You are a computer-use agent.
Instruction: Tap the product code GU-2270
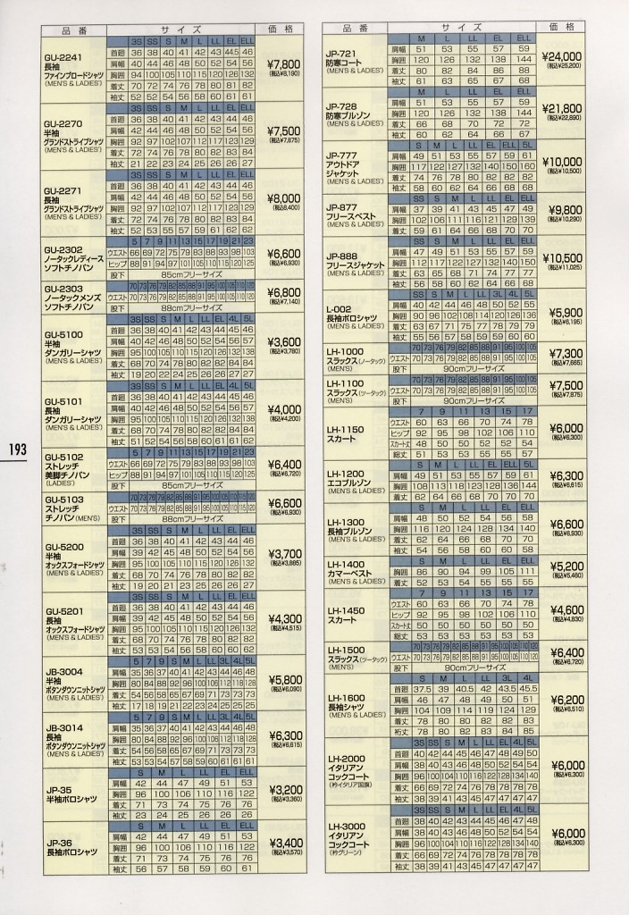point(63,123)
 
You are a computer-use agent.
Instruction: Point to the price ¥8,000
point(284,197)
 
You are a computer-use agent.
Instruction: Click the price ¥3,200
point(285,790)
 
